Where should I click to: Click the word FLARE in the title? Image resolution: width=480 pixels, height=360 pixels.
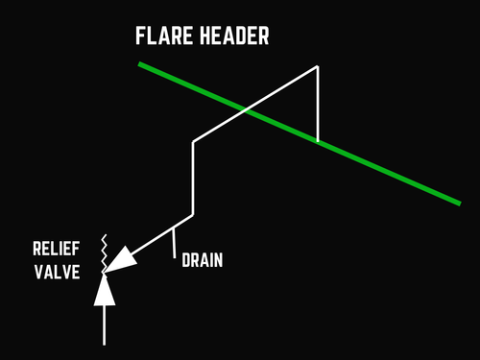coord(165,38)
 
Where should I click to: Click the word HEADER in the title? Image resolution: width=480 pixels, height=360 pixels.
coord(234,38)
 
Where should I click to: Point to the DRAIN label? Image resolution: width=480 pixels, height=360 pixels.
coord(203,260)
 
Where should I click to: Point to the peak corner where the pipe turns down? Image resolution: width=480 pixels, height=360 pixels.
coord(318,66)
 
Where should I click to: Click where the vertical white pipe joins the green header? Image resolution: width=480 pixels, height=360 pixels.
coord(318,141)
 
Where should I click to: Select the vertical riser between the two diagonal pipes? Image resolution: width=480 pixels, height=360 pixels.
coord(194,178)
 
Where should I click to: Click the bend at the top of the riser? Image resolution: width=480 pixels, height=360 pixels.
coord(194,142)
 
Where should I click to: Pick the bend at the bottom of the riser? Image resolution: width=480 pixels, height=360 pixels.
coord(194,214)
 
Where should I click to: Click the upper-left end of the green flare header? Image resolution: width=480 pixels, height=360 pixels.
coord(140,64)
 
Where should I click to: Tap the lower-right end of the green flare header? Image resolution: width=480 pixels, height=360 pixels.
coord(459,202)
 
